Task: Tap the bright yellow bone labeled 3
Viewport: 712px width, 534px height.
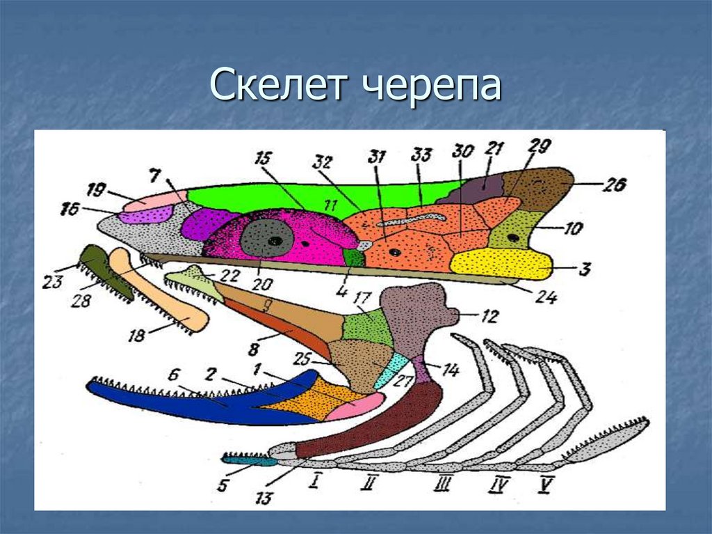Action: [x=501, y=262]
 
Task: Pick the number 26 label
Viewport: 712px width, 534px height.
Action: [x=614, y=184]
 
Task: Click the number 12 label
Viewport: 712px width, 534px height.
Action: [x=489, y=317]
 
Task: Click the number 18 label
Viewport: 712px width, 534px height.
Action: [x=136, y=336]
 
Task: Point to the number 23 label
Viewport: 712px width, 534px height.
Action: [x=52, y=282]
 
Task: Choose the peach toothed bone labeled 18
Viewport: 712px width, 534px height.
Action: [x=160, y=292]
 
